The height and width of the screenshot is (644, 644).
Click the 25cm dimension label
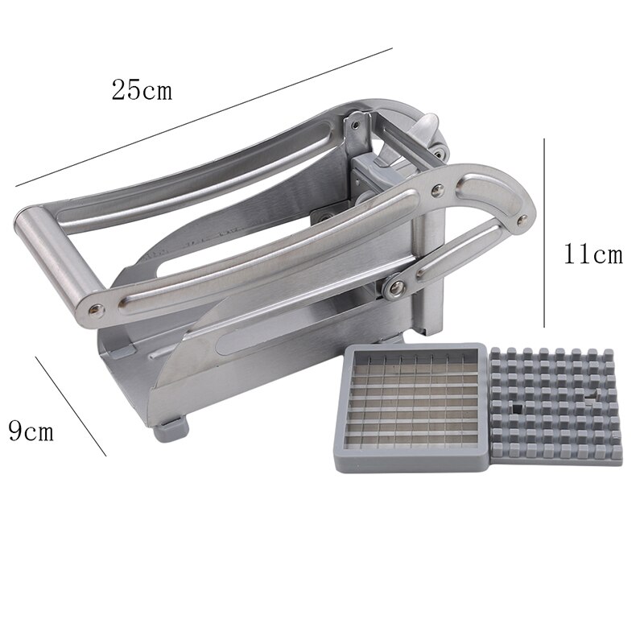(142, 89)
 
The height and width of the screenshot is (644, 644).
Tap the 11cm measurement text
(592, 255)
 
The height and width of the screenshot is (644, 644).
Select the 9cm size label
(31, 431)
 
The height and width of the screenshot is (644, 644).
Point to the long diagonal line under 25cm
(201, 117)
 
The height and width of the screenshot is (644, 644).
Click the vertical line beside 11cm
(545, 233)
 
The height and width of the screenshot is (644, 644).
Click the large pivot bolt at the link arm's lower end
(394, 288)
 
